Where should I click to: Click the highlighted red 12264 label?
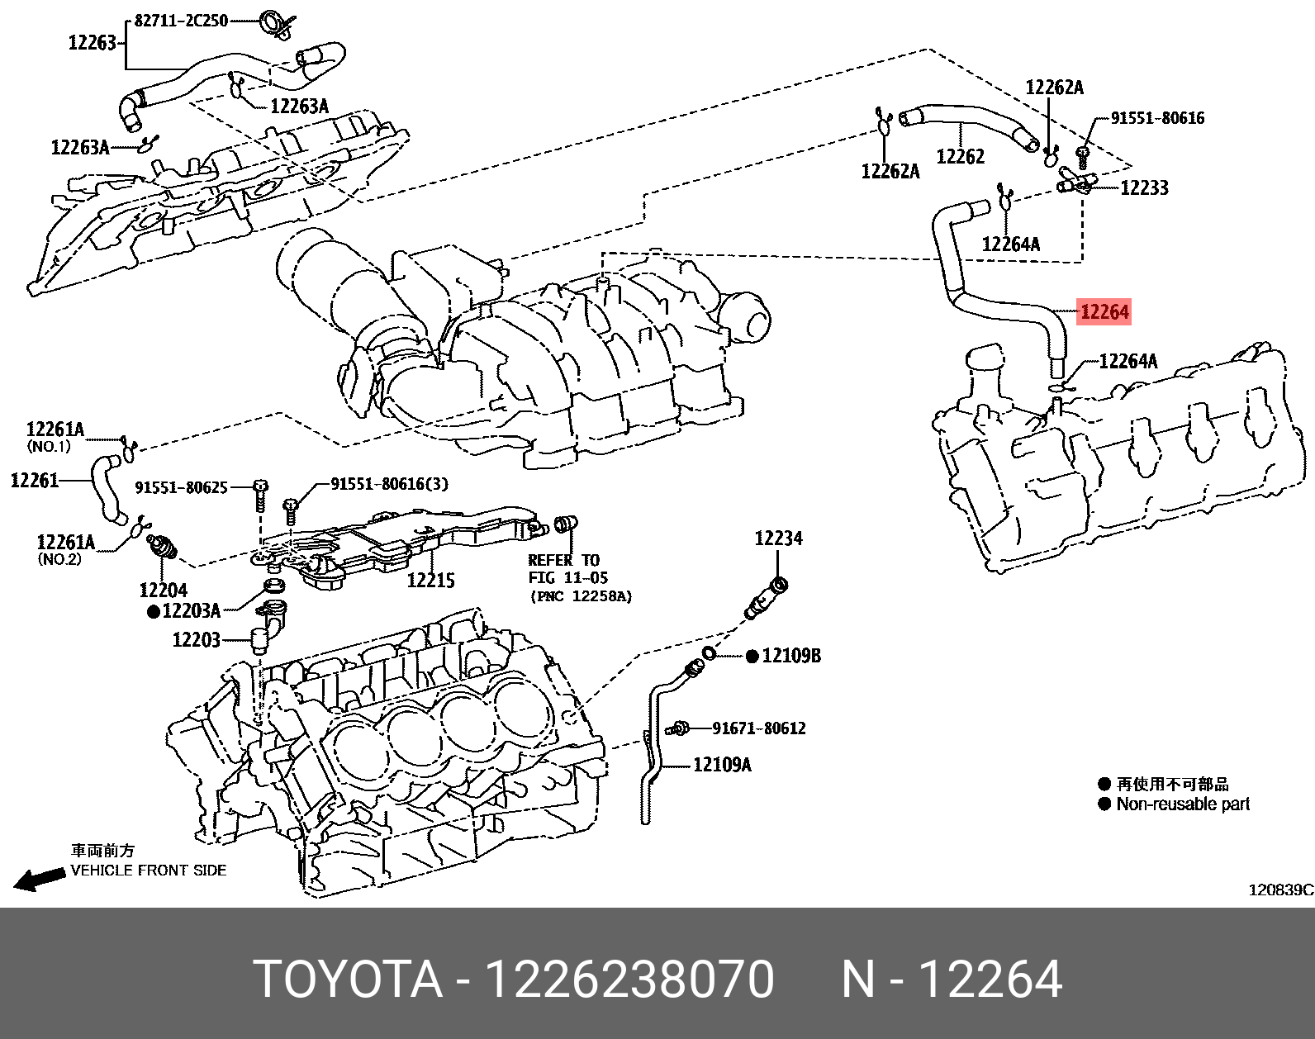tap(1104, 312)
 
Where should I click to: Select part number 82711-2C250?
tap(180, 21)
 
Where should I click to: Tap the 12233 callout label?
tap(1144, 188)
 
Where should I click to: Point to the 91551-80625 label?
tap(181, 488)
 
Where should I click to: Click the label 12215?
tap(430, 581)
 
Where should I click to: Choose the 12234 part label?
tap(778, 539)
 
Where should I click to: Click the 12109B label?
tap(790, 656)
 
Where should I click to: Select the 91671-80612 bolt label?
tap(758, 728)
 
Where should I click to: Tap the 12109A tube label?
tap(721, 765)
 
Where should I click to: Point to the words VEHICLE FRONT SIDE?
tap(149, 871)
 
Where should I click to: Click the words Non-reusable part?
tap(1182, 804)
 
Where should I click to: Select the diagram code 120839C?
tap(1279, 890)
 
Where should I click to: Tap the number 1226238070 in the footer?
tap(629, 980)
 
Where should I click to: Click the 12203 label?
tap(196, 640)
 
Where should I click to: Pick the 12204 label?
tap(163, 590)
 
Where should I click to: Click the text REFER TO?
tap(564, 560)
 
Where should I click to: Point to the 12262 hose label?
tap(960, 156)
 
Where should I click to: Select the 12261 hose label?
tap(34, 480)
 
